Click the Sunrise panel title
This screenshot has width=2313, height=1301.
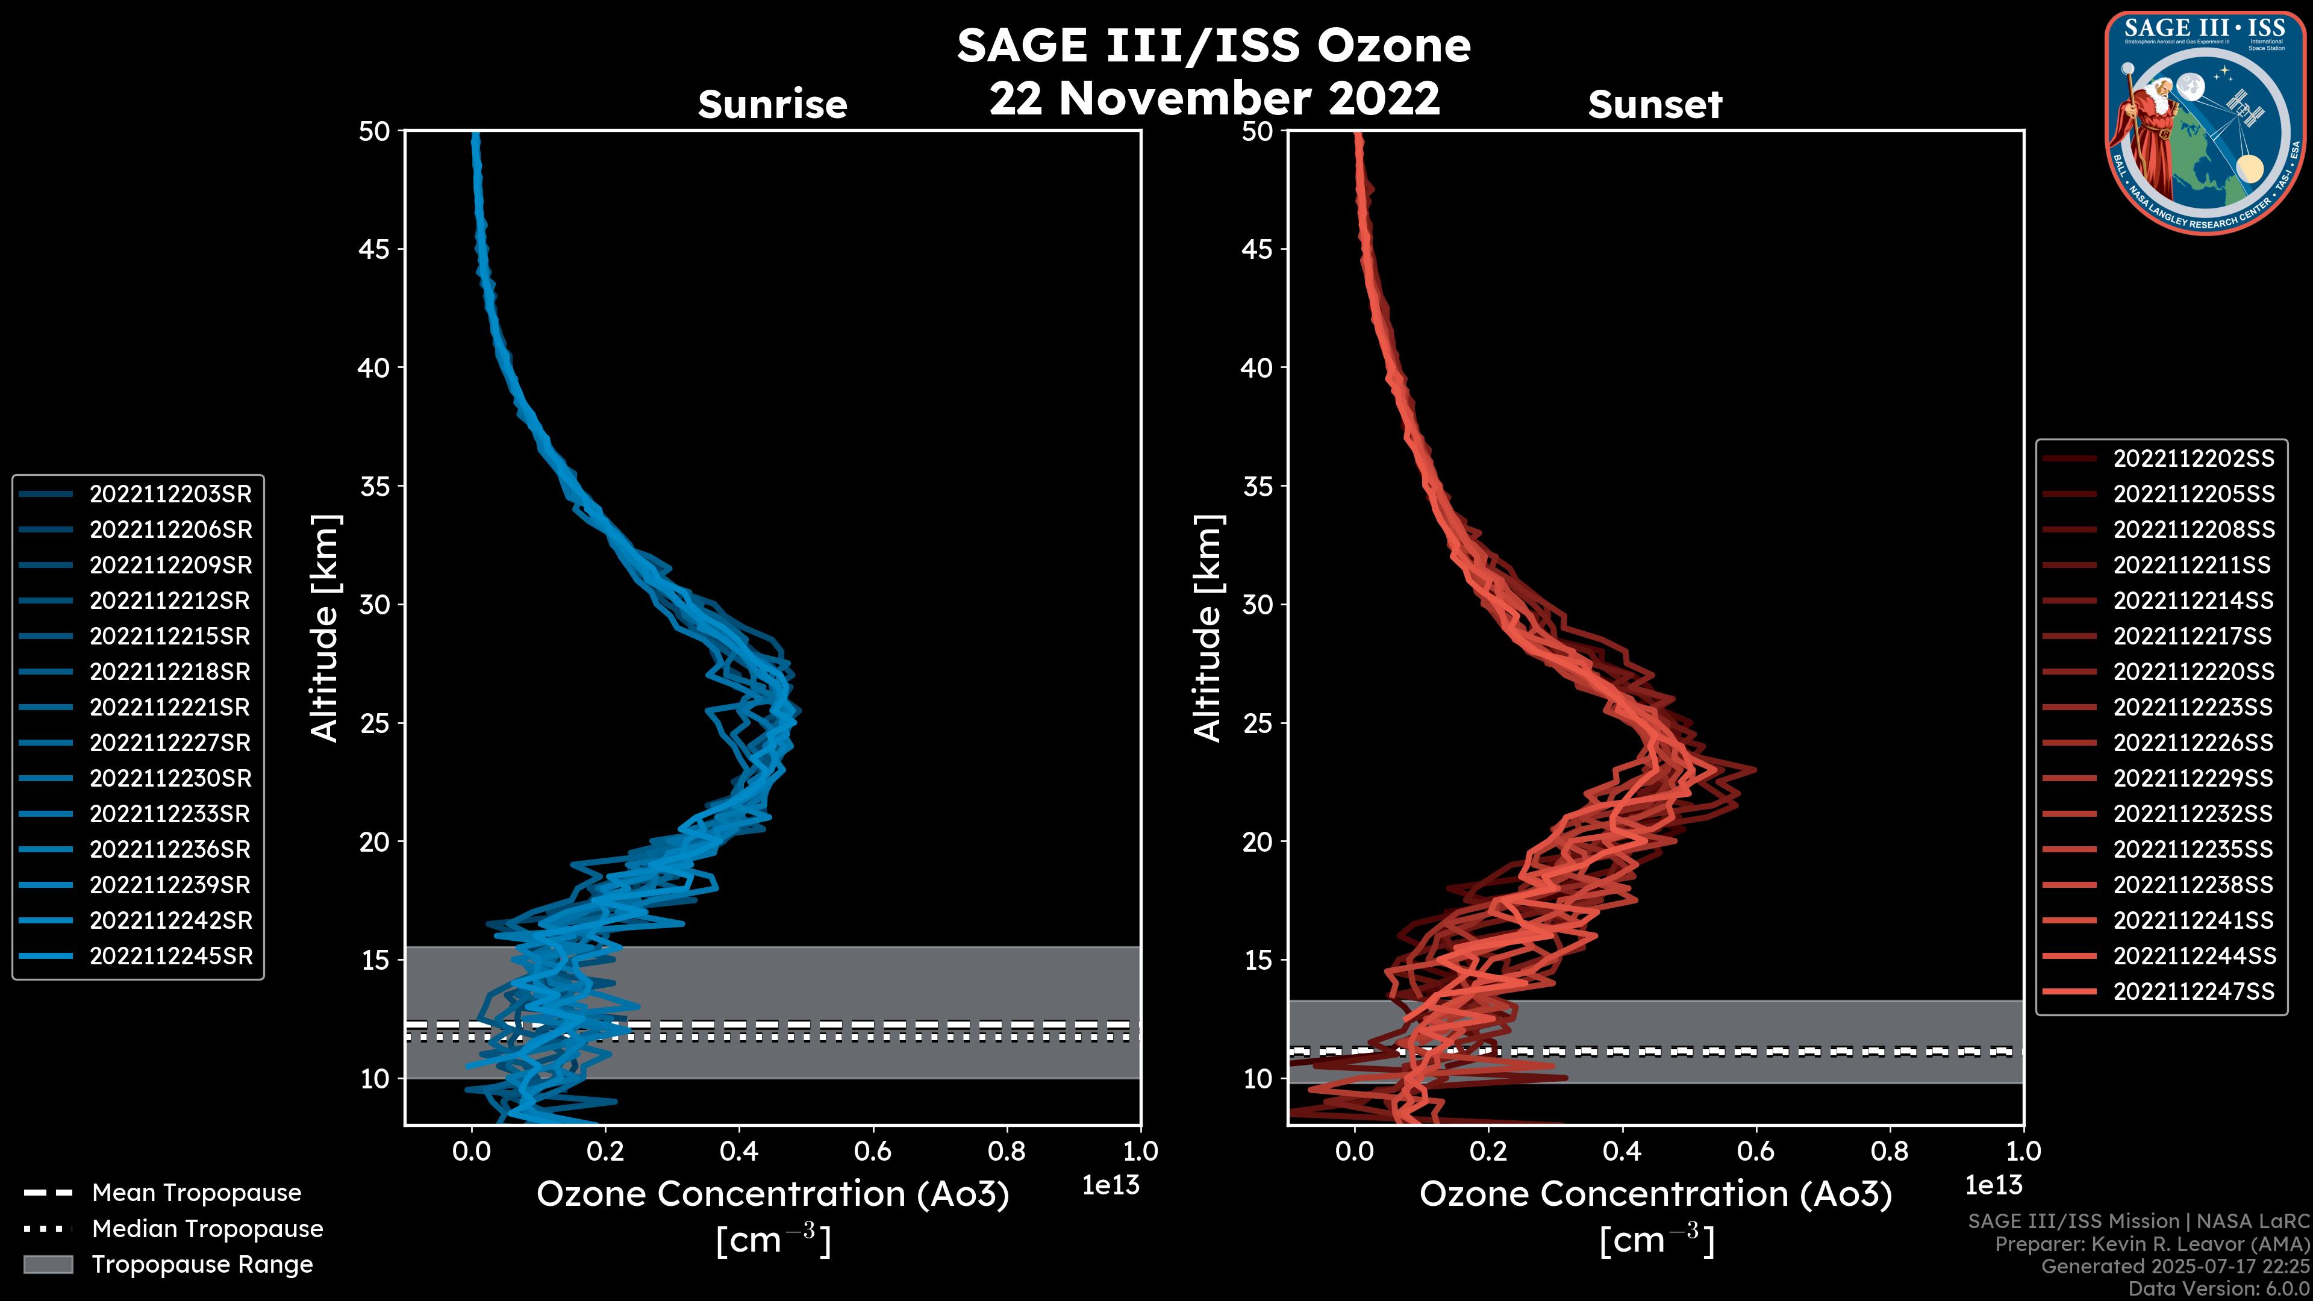(x=772, y=105)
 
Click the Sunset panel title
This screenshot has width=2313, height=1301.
(x=1655, y=105)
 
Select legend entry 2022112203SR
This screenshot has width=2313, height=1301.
(x=170, y=494)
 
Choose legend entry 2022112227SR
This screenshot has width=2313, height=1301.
(x=170, y=743)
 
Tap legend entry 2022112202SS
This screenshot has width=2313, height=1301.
(x=2193, y=459)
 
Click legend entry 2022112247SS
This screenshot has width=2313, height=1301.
(x=2193, y=991)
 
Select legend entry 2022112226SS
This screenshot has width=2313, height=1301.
(x=2193, y=743)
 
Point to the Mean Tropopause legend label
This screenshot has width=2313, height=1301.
(x=196, y=1193)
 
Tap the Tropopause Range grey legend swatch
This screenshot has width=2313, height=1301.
(x=48, y=1264)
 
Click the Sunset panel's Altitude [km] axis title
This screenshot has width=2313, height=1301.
(x=1208, y=628)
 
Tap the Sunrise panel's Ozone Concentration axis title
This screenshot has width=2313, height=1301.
(x=772, y=1195)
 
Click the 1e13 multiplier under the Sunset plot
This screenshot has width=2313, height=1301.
(x=1993, y=1185)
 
